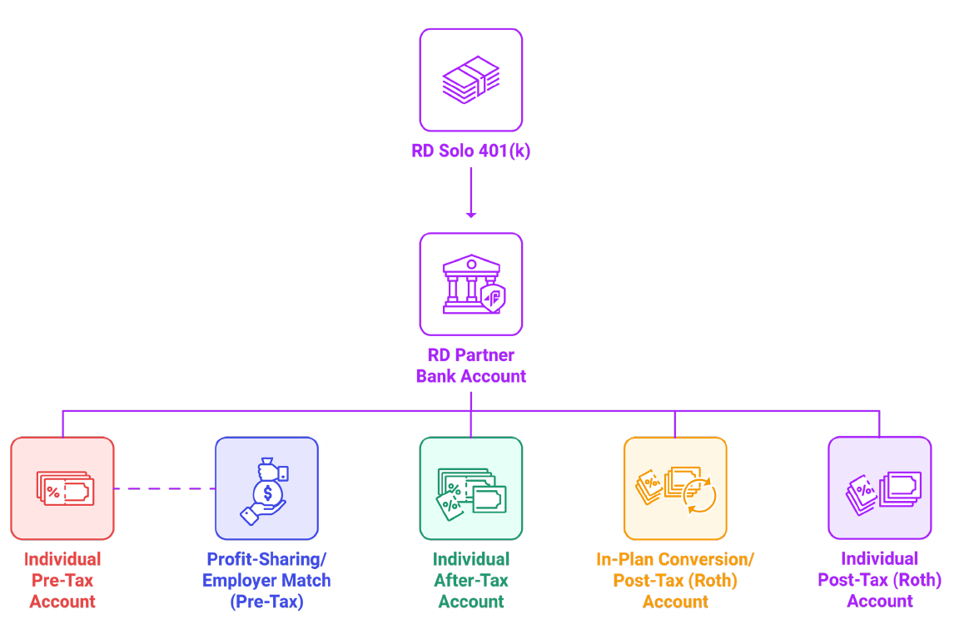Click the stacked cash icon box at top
(470, 80)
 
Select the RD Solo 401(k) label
(470, 151)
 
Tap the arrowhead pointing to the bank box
(471, 214)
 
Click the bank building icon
(470, 284)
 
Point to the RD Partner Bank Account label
(470, 365)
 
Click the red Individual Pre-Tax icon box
(62, 488)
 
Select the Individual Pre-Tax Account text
(62, 580)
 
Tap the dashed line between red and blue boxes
(164, 488)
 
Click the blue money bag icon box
(266, 488)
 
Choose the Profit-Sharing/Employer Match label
(266, 580)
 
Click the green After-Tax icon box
(470, 488)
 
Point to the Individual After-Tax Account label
(470, 580)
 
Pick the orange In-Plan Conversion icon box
(675, 488)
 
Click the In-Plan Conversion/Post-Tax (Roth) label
(675, 580)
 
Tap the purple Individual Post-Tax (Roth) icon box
(879, 488)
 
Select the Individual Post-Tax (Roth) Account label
(879, 580)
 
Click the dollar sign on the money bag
(267, 493)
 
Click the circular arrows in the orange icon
(698, 497)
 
